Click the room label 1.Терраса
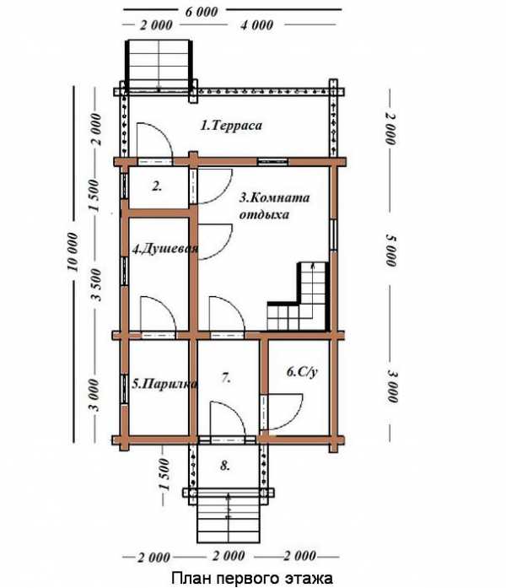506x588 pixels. coord(231,125)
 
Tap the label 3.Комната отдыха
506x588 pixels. coord(274,206)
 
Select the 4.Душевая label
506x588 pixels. coord(165,249)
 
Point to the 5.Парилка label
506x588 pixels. coord(164,384)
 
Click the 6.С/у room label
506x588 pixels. coord(302,372)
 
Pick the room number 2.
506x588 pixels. coord(157,186)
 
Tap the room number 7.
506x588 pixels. coord(226,378)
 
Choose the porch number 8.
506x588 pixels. coord(225,466)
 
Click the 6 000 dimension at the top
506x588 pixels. coord(202,11)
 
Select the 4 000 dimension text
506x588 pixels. coord(256,25)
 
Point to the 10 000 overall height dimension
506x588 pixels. coord(73,251)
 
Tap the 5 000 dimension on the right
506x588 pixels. coord(391,250)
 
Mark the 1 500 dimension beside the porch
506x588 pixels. coord(164,474)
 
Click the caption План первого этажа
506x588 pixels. coord(252,578)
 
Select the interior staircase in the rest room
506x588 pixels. coord(299,296)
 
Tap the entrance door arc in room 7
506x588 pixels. coord(237,412)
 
